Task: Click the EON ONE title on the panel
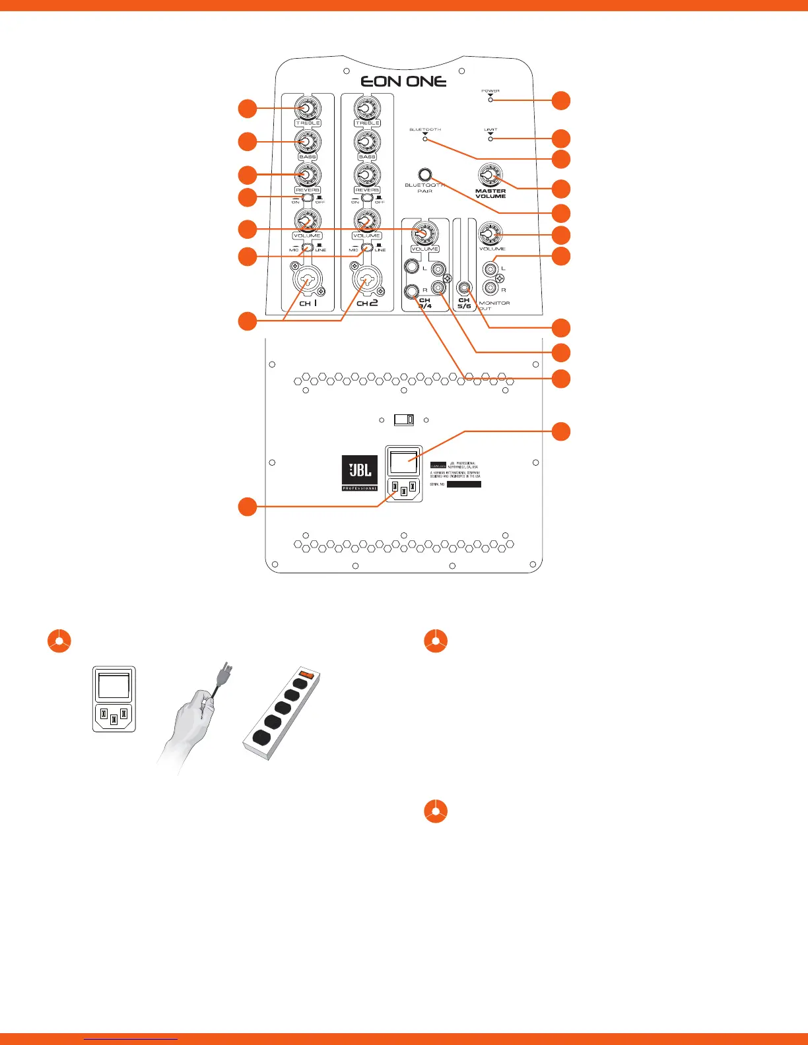(403, 81)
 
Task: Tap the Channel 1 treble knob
(308, 108)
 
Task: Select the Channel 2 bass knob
(367, 141)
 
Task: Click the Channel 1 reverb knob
(308, 175)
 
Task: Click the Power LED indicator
(490, 100)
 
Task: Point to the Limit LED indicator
(490, 139)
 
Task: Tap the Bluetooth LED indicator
(425, 139)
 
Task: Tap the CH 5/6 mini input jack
(465, 288)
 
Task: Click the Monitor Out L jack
(490, 269)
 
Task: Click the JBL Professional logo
(360, 472)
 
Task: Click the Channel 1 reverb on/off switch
(308, 198)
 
